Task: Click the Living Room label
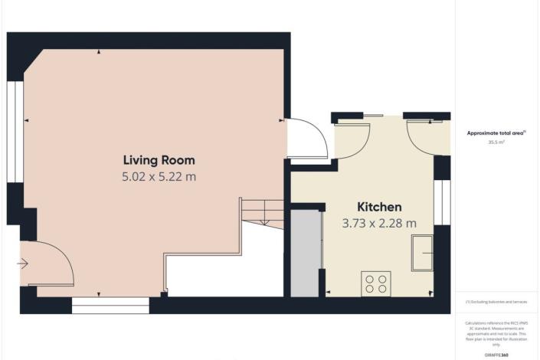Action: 159,160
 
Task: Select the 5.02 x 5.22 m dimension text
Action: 159,177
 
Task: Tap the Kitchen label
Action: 379,208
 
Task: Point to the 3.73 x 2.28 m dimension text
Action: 379,224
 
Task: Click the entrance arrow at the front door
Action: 22,263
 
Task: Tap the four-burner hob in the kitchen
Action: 375,283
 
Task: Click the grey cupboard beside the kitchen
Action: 305,252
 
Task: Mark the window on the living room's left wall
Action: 13,131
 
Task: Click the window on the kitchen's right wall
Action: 440,202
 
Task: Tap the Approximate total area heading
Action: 497,133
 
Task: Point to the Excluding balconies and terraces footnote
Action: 497,303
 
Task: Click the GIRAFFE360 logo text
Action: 497,355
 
